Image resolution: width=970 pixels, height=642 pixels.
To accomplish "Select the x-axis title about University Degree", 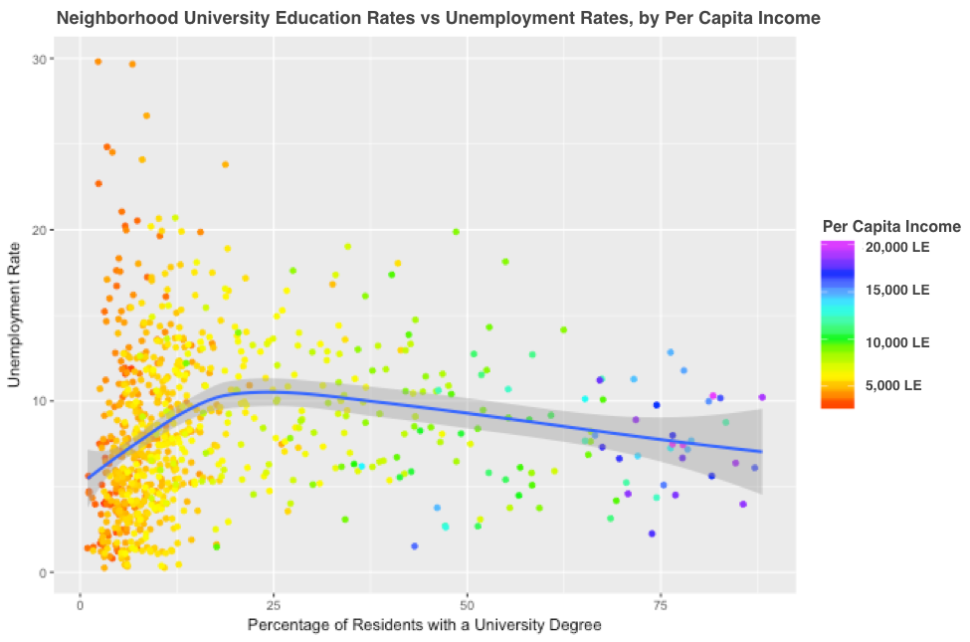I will [x=425, y=625].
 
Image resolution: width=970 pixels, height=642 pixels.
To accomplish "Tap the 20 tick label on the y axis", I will [x=40, y=230].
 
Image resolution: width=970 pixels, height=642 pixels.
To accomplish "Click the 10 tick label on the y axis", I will [x=40, y=401].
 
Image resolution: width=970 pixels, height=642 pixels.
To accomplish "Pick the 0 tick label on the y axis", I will [x=43, y=572].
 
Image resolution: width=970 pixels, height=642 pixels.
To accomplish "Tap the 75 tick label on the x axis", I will [x=663, y=604].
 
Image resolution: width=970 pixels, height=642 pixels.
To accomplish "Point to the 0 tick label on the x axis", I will [x=81, y=604].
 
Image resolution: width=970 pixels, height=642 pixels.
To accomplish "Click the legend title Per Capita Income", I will [x=890, y=227].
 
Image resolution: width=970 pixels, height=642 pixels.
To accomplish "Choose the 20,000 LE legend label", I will [x=895, y=247].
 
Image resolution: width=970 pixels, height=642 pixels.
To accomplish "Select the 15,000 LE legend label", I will [x=895, y=290].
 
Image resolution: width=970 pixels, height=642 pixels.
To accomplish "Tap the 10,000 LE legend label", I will [x=895, y=341].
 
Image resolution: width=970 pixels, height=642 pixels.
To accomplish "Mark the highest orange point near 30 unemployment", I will [x=97, y=62].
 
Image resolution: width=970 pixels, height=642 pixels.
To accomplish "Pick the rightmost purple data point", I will [x=762, y=397].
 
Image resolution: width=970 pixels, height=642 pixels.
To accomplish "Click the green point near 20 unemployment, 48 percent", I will [x=456, y=232].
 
